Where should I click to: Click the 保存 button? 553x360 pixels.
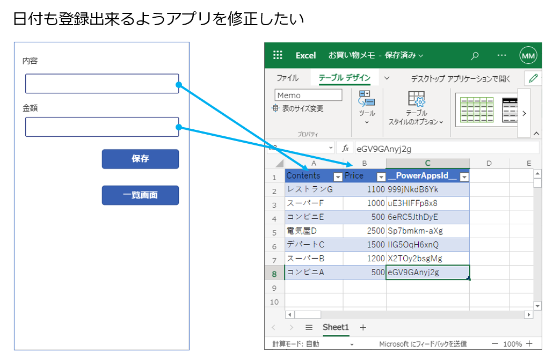click(140, 159)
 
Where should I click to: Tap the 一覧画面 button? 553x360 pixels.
click(140, 195)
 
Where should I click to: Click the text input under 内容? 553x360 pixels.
click(102, 84)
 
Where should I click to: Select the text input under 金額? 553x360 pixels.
click(102, 127)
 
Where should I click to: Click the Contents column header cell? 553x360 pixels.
click(309, 176)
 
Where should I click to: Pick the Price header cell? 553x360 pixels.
click(360, 176)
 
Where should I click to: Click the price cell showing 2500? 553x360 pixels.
click(365, 231)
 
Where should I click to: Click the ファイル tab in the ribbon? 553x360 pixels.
click(287, 78)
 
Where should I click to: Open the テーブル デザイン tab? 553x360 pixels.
click(344, 78)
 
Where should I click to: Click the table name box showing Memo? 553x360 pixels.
click(308, 95)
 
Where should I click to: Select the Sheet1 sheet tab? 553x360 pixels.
click(336, 327)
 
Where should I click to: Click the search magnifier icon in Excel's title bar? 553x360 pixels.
click(475, 55)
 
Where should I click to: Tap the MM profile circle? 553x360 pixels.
click(528, 55)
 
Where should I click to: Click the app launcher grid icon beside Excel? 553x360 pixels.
click(278, 55)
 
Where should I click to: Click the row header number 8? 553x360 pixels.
click(274, 273)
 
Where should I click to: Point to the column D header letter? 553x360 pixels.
click(489, 163)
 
